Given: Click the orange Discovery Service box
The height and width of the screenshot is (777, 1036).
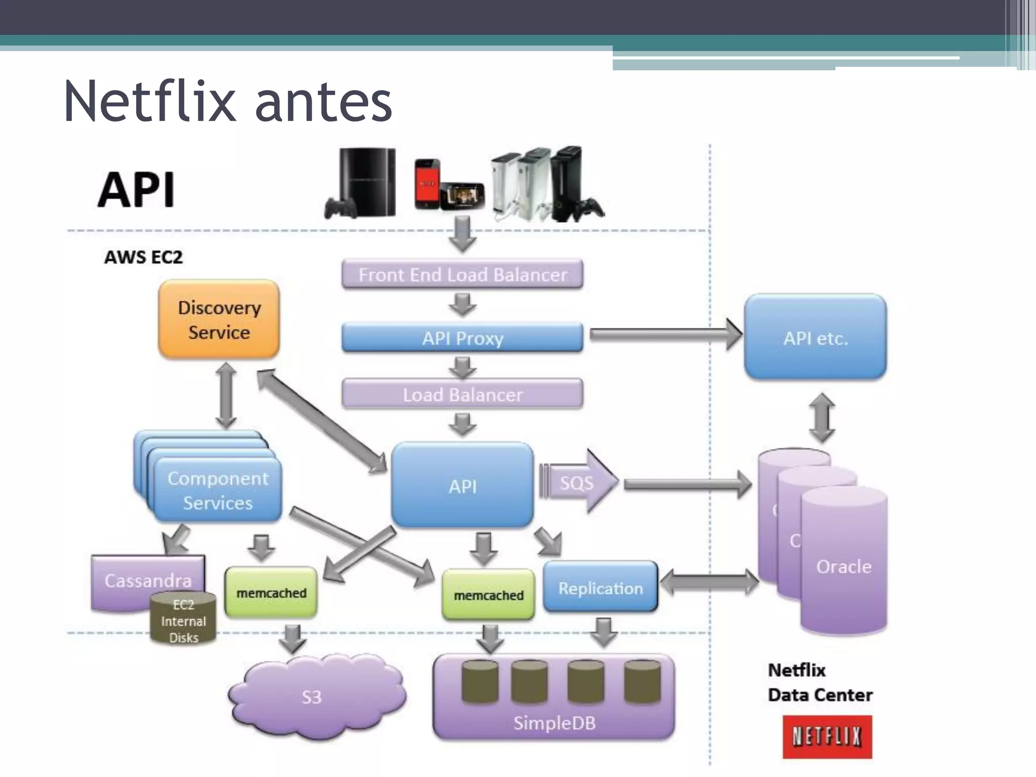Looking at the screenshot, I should pos(219,319).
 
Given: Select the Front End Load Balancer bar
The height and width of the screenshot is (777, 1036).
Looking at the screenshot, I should pos(462,275).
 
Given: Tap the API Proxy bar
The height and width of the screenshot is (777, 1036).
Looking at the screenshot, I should pos(462,338).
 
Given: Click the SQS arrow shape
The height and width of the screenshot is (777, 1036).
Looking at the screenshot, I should pos(578,482).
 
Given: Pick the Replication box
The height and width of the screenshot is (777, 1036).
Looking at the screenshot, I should pos(600,588).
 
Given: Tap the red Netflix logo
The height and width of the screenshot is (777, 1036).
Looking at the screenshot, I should pos(827,737).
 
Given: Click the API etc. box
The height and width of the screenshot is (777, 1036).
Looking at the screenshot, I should pos(815,337).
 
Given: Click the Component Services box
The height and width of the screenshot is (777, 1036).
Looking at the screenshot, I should pos(218,490).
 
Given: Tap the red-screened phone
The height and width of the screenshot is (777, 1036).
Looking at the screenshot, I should pos(427,184).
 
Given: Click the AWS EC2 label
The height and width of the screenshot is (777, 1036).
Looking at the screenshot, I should pos(143,257).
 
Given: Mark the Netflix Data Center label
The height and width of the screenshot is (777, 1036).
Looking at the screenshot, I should pos(820,682).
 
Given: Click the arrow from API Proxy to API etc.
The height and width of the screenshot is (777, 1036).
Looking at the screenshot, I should pos(663,334).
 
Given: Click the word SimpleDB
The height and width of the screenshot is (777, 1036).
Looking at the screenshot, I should pos(554,723).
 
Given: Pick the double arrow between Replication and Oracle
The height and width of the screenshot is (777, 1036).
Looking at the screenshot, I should pos(709,582).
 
